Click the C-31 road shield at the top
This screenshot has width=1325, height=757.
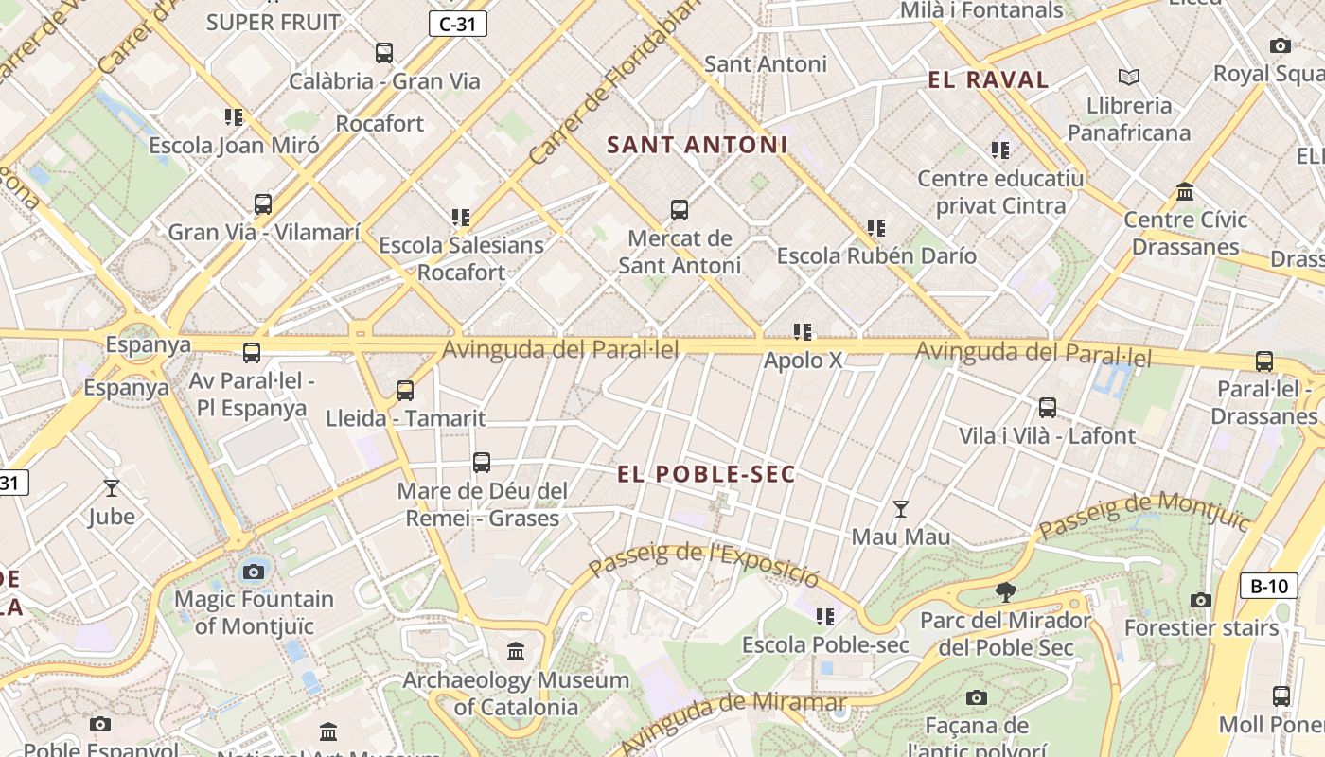coord(458,24)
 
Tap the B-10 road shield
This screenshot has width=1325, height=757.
coord(1268,586)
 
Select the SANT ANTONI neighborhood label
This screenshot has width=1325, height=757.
coord(697,145)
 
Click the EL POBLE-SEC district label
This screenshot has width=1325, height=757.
coord(706,474)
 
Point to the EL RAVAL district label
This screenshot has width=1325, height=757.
coord(988,80)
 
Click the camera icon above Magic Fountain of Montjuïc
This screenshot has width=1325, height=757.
coord(254,572)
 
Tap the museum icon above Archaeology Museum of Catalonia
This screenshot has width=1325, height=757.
coord(516,652)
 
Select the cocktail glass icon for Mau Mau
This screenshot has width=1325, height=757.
coord(901,509)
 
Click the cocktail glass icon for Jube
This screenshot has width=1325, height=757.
coord(112,488)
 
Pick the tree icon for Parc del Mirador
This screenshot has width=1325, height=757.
coord(1006,593)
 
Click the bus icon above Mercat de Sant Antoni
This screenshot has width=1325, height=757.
coord(679,210)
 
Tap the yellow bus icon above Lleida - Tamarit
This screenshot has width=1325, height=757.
coord(405,391)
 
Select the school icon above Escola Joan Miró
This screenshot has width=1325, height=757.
coord(234,117)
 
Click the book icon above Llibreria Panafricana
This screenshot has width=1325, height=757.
coord(1128,77)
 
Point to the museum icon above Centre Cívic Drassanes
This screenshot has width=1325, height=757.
coord(1185,192)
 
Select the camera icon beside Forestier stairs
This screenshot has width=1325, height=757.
coord(1200,600)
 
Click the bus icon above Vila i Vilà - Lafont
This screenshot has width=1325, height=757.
coord(1047,408)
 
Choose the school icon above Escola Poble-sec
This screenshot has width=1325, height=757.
coord(825,617)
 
